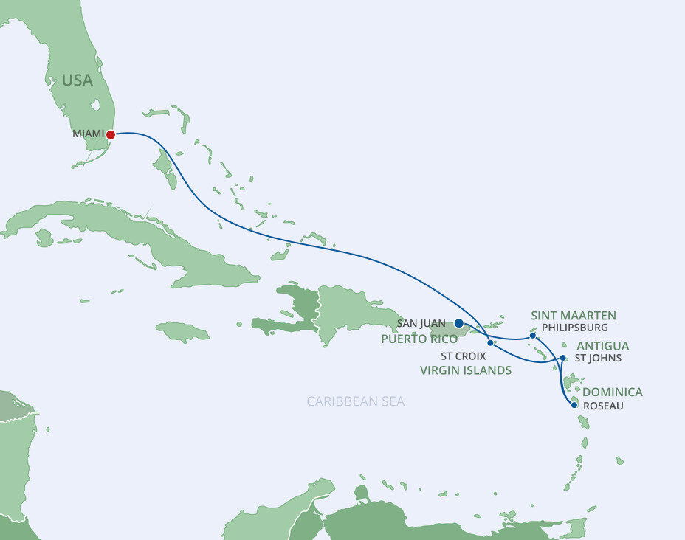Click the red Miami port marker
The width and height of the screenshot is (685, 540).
tap(111, 135)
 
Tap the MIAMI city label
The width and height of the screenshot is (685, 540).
tap(88, 134)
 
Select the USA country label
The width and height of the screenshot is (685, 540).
tap(78, 80)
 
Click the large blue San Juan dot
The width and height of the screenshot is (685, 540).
tap(458, 323)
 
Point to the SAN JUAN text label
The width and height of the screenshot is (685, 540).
tap(421, 323)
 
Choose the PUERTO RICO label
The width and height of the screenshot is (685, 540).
tap(419, 339)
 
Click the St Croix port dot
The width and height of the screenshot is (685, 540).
tap(490, 342)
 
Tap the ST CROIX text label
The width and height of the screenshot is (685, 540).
tap(464, 356)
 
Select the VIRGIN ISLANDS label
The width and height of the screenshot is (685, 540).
tap(465, 370)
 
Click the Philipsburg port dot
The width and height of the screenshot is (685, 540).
tap(533, 336)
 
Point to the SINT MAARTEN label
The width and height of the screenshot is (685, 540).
tap(573, 316)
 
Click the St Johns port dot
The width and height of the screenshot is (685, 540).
tap(562, 358)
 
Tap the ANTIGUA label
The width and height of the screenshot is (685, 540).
tap(602, 346)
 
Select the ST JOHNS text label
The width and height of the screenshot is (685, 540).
tap(598, 359)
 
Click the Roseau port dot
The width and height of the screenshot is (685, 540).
tap(574, 404)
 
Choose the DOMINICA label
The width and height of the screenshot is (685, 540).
tap(612, 392)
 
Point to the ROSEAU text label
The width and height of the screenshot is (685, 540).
tap(603, 405)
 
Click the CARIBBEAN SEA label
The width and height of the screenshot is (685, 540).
tap(356, 401)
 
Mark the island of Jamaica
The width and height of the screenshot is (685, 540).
tap(182, 332)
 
